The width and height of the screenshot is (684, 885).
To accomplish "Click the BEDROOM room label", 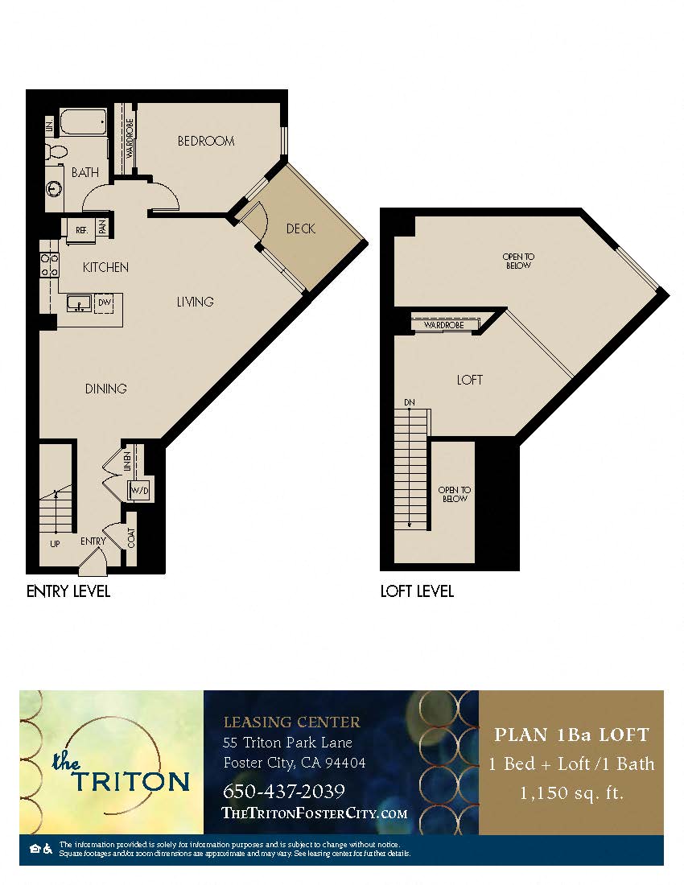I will point(206,141).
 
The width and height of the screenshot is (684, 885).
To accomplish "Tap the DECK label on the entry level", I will point(300,228).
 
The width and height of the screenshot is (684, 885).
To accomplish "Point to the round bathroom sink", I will point(54,188).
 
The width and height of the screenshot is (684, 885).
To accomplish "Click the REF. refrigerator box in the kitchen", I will point(81,229).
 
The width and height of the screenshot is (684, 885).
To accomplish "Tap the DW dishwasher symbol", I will point(104,303).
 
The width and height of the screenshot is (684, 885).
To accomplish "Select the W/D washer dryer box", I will point(140,491).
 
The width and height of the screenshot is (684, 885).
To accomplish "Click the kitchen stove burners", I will point(49,265).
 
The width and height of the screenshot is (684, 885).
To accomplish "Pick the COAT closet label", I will point(131,537).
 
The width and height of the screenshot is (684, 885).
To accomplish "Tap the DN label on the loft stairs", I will point(410,402).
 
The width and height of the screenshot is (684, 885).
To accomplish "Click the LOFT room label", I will point(469,380).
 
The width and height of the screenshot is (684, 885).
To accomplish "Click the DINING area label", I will point(106,389).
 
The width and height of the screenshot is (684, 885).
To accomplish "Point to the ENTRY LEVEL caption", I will point(68,591).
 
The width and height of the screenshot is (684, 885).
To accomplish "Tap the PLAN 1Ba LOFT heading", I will point(571,734).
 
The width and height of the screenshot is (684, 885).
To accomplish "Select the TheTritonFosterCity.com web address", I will point(314,813).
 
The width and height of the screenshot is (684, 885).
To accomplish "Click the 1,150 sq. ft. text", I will point(571,793).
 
